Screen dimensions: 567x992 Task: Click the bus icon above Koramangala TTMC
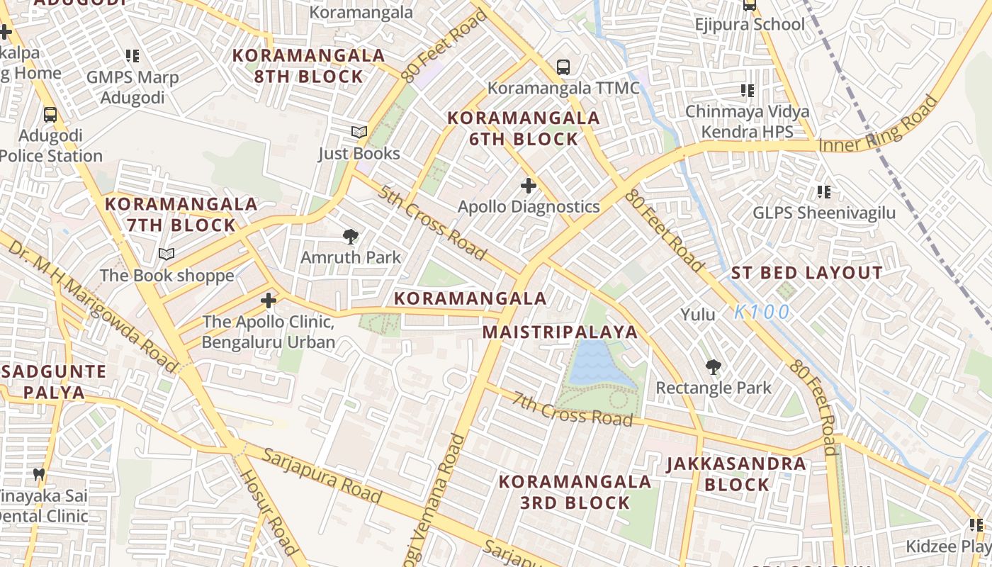pyautogui.click(x=563, y=67)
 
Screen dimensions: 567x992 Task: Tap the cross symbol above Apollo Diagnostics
pyautogui.click(x=529, y=186)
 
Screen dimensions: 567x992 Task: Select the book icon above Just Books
pyautogui.click(x=359, y=133)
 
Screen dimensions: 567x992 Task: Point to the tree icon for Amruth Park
pyautogui.click(x=350, y=237)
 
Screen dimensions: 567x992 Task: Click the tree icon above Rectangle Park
pyautogui.click(x=714, y=367)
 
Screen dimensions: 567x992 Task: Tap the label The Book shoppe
pyautogui.click(x=167, y=276)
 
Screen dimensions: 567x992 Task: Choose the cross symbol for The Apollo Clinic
pyautogui.click(x=269, y=301)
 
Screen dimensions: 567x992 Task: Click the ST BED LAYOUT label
pyautogui.click(x=806, y=273)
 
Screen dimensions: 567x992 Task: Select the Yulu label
pyautogui.click(x=698, y=314)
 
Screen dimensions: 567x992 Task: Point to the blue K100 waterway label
pyautogui.click(x=762, y=312)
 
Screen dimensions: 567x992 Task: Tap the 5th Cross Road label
pyautogui.click(x=432, y=223)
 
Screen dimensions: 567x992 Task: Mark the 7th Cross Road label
pyautogui.click(x=573, y=409)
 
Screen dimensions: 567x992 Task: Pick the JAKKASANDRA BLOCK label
pyautogui.click(x=737, y=474)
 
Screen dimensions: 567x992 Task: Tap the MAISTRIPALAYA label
pyautogui.click(x=560, y=332)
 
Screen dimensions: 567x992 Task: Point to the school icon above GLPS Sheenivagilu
pyautogui.click(x=824, y=191)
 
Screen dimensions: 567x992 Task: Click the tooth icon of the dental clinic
pyautogui.click(x=39, y=473)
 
